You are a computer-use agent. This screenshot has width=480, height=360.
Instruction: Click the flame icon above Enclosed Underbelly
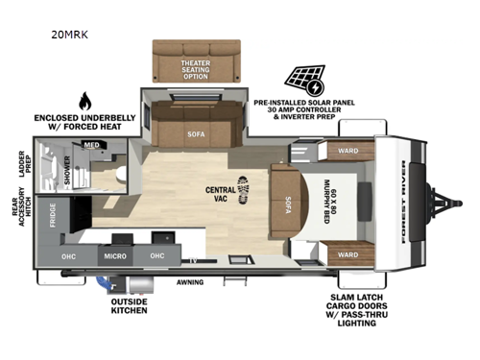(84, 100)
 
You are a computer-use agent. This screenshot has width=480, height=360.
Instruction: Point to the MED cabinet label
(91, 145)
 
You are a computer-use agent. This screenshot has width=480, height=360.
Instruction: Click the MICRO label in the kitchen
(115, 255)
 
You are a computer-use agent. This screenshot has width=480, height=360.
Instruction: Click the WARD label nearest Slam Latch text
(348, 255)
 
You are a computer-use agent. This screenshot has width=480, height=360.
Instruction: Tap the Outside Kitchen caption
(130, 305)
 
